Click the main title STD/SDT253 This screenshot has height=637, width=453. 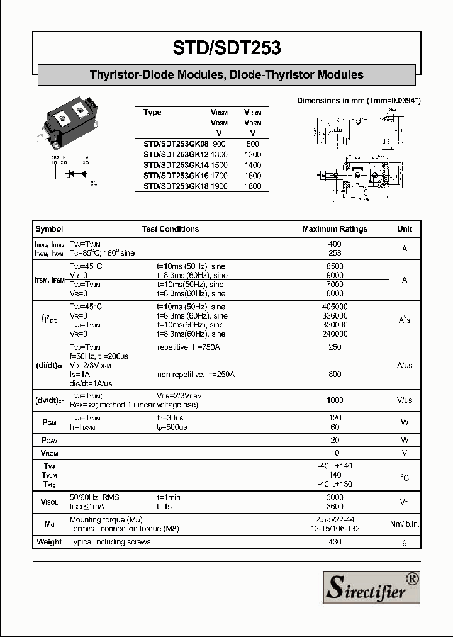pyautogui.click(x=226, y=48)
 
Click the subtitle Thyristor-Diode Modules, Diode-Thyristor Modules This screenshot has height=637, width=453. pyautogui.click(x=226, y=75)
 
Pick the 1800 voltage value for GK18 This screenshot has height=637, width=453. pyautogui.click(x=252, y=187)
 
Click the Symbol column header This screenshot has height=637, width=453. pyautogui.click(x=49, y=229)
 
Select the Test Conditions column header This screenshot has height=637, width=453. pyautogui.click(x=171, y=229)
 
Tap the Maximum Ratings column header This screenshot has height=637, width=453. pyautogui.click(x=335, y=229)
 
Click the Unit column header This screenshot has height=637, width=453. pyautogui.click(x=405, y=229)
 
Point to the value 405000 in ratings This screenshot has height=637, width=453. pyautogui.click(x=335, y=307)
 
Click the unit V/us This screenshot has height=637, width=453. pyautogui.click(x=405, y=400)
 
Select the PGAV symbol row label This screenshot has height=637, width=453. pyautogui.click(x=49, y=441)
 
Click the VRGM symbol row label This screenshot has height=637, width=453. pyautogui.click(x=49, y=453)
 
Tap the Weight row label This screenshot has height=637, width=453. pyautogui.click(x=49, y=542)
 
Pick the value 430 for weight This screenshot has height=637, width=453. pyautogui.click(x=335, y=542)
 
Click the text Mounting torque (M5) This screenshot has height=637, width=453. pyautogui.click(x=106, y=520)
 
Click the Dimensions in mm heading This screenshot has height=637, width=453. pyautogui.click(x=359, y=101)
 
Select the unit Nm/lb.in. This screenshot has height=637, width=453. pyautogui.click(x=405, y=524)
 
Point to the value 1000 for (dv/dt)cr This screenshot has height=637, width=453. pyautogui.click(x=335, y=400)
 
